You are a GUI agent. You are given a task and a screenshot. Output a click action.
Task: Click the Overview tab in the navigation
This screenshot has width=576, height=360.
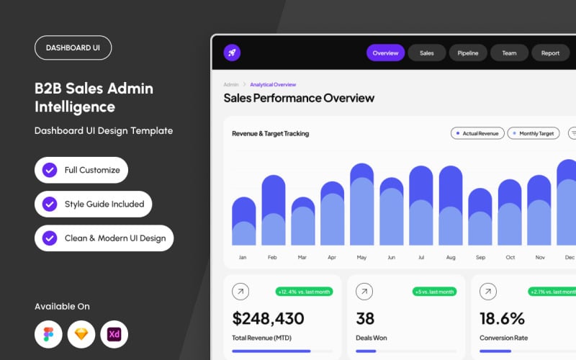(x=385, y=53)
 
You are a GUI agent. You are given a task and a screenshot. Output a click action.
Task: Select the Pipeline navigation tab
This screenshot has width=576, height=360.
(x=467, y=53)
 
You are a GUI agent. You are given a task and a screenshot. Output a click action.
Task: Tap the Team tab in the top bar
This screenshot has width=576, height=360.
(x=509, y=53)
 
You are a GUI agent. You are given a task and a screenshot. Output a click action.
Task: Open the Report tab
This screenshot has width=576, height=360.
(x=550, y=53)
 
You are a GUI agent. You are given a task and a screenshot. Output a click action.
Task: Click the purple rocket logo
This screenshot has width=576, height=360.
(x=232, y=53)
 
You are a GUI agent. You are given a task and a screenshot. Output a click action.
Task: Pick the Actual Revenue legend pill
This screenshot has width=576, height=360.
(x=477, y=133)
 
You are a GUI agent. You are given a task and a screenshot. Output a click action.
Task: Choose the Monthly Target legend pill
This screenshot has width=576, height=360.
(x=534, y=133)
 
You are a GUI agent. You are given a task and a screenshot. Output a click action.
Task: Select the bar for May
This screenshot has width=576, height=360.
(x=362, y=204)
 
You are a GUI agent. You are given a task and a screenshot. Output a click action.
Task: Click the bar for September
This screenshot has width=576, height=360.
(x=480, y=217)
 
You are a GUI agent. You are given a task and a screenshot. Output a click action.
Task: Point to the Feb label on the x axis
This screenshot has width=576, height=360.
(x=272, y=257)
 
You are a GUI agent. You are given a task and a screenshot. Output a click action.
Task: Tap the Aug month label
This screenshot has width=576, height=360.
(x=451, y=257)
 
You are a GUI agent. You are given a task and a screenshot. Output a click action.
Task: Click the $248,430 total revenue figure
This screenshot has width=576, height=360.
(x=268, y=318)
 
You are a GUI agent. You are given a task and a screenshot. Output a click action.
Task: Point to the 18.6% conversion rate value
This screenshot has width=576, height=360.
(x=502, y=318)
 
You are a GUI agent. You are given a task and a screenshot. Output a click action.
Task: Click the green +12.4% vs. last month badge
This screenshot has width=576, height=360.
(x=304, y=292)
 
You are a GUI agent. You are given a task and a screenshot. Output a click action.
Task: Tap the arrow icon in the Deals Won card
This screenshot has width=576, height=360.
(x=364, y=292)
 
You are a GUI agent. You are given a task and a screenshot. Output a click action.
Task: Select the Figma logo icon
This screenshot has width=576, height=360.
(x=48, y=334)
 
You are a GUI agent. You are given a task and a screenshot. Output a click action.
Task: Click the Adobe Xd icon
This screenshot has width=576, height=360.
(x=114, y=334)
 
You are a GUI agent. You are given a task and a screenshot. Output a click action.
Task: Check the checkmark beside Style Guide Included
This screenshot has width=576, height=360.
(x=50, y=204)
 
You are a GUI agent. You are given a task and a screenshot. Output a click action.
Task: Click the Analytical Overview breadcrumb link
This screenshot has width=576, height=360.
(x=273, y=84)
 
